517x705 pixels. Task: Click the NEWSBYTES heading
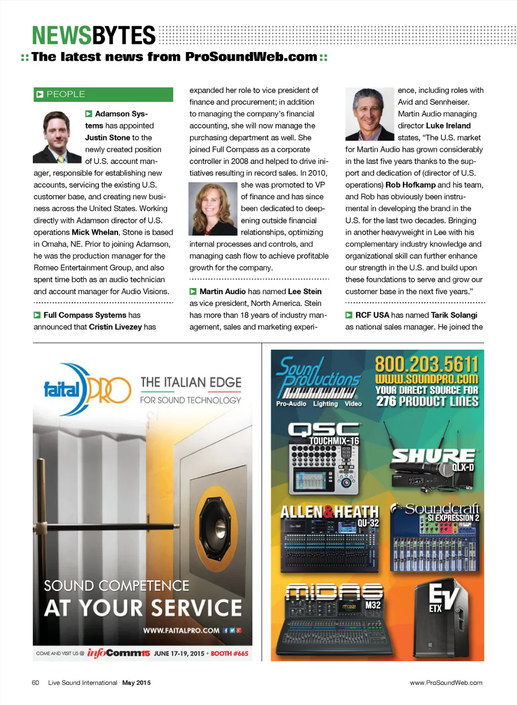pos(94,36)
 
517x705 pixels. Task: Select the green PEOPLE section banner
pos(103,94)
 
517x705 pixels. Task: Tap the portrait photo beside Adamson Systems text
pos(57,137)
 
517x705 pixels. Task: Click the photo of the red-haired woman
pos(213,208)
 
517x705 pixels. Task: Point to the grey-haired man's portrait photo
pos(369,114)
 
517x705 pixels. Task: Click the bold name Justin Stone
pos(108,137)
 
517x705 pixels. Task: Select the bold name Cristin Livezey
pos(115,327)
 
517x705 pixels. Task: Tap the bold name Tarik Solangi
pos(454,315)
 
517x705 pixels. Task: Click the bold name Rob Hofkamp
pos(410,185)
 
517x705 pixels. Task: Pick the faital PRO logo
pos(87,390)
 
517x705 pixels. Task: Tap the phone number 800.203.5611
pos(426,364)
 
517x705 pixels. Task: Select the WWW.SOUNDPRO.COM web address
pos(426,378)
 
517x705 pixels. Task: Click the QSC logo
pos(323,429)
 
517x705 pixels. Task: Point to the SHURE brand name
pos(433,456)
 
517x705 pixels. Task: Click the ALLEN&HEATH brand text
pos(329,512)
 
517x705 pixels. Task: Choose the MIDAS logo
pos(334,592)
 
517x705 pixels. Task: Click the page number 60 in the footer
pos(35,683)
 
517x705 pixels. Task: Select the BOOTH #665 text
pos(229,654)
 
